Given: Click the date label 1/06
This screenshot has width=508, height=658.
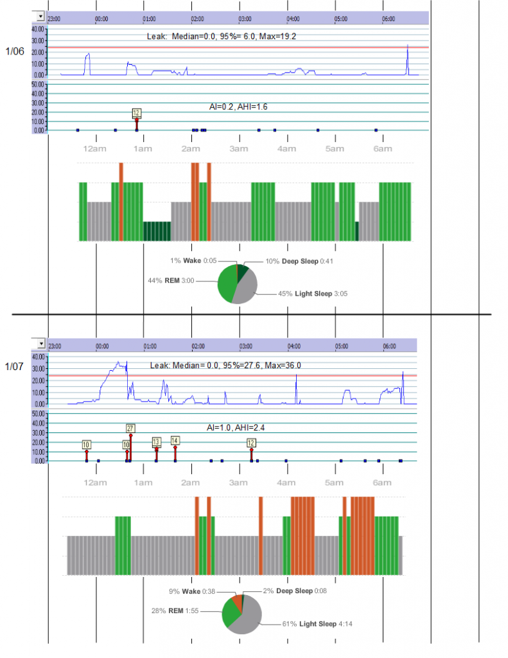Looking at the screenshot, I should pyautogui.click(x=16, y=51).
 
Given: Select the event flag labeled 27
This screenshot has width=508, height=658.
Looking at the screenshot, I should pyautogui.click(x=130, y=428).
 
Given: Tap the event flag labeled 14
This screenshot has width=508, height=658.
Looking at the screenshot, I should pyautogui.click(x=175, y=440).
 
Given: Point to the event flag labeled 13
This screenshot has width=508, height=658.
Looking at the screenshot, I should pyautogui.click(x=156, y=441).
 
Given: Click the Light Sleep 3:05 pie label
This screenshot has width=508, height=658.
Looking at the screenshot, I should pyautogui.click(x=314, y=293).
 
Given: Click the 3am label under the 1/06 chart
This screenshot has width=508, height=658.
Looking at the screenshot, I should pyautogui.click(x=238, y=150).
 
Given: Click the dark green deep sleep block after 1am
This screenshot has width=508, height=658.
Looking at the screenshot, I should pyautogui.click(x=157, y=231).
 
